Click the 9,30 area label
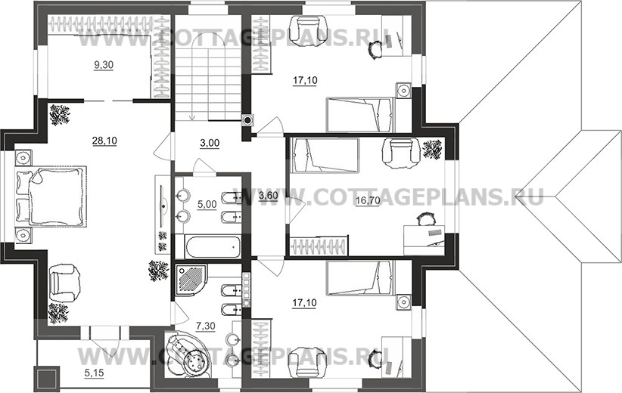[x=104, y=65]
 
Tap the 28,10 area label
[x=104, y=141]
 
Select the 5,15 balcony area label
[x=95, y=373]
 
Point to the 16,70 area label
[x=368, y=201]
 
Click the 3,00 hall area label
[x=210, y=143]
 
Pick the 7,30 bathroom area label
[x=206, y=326]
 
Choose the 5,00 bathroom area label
[x=207, y=204]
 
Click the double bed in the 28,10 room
[x=51, y=196]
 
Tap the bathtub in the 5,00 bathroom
[x=213, y=246]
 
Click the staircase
[x=208, y=82]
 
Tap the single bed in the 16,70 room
[x=325, y=155]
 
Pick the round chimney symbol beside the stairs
[x=248, y=119]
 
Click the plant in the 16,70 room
[x=432, y=149]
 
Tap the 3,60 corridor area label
[x=268, y=195]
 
